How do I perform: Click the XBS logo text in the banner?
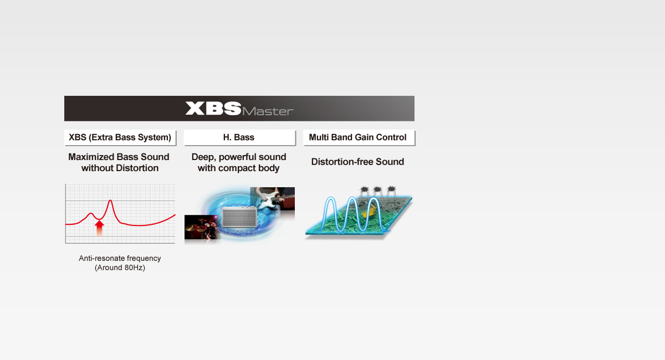click(213, 108)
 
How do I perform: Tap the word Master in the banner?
click(268, 111)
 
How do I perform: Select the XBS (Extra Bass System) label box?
click(120, 137)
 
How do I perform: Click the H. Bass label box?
click(239, 137)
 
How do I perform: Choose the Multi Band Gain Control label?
click(358, 137)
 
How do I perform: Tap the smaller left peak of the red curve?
click(91, 213)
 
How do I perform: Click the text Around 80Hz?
click(120, 268)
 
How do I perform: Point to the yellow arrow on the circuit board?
click(367, 212)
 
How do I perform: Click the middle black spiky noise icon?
click(377, 190)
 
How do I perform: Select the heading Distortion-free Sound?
click(357, 162)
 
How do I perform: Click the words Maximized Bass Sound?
click(119, 157)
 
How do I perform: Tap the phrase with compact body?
click(239, 168)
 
